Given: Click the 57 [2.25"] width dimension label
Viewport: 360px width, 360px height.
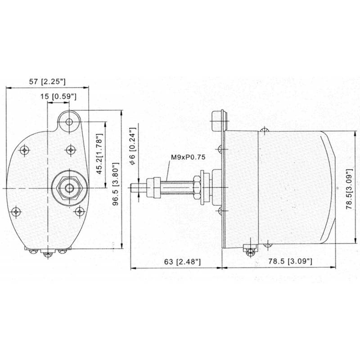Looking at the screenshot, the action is point(47,81).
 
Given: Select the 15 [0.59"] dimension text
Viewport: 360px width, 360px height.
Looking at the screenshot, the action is point(58,96).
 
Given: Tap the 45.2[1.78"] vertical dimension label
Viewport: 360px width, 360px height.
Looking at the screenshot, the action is point(99,153).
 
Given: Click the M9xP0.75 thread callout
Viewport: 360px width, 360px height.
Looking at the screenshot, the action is point(188,157).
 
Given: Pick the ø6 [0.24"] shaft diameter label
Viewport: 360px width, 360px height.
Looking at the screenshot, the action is point(133,146).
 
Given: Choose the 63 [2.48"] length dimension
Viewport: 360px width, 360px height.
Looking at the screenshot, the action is point(182,261).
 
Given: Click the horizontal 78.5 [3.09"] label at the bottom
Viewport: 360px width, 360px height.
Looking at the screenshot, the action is point(290,261).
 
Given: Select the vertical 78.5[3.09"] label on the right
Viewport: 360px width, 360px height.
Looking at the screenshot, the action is point(349,189).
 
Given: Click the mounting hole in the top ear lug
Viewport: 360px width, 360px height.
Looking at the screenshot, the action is point(69,121).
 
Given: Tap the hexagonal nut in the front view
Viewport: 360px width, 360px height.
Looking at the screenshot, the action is point(69,188).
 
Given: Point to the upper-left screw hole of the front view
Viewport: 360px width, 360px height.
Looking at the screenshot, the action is point(24,150).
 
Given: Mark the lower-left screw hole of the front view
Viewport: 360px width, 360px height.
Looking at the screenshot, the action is point(16,212).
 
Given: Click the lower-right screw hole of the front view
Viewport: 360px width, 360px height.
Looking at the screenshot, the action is point(80,211).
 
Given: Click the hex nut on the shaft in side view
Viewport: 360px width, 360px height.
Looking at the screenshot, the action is point(197,187).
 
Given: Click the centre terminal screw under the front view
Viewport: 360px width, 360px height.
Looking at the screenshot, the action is point(48,254).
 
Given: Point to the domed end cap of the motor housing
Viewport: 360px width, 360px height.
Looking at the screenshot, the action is point(328,187).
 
